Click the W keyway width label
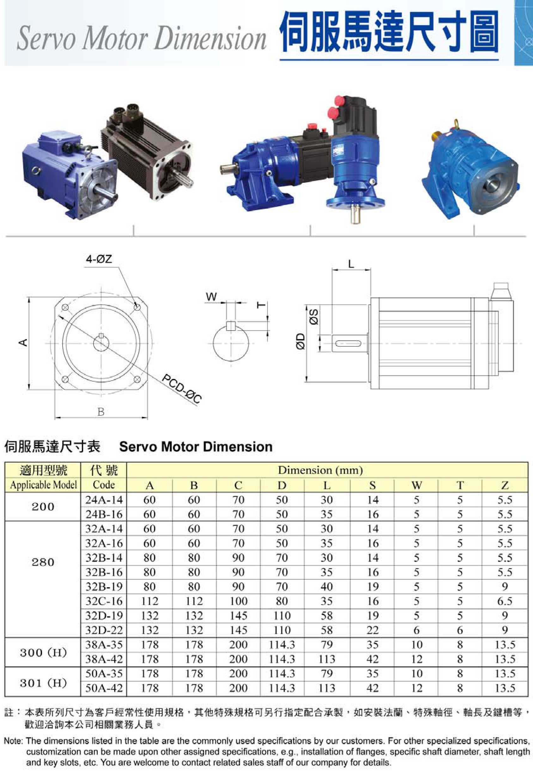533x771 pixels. (211, 296)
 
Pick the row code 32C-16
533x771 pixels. (104, 601)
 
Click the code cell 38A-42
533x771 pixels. (104, 659)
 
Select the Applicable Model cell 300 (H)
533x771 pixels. (43, 652)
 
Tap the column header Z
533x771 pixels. (505, 485)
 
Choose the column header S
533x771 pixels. (373, 485)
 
